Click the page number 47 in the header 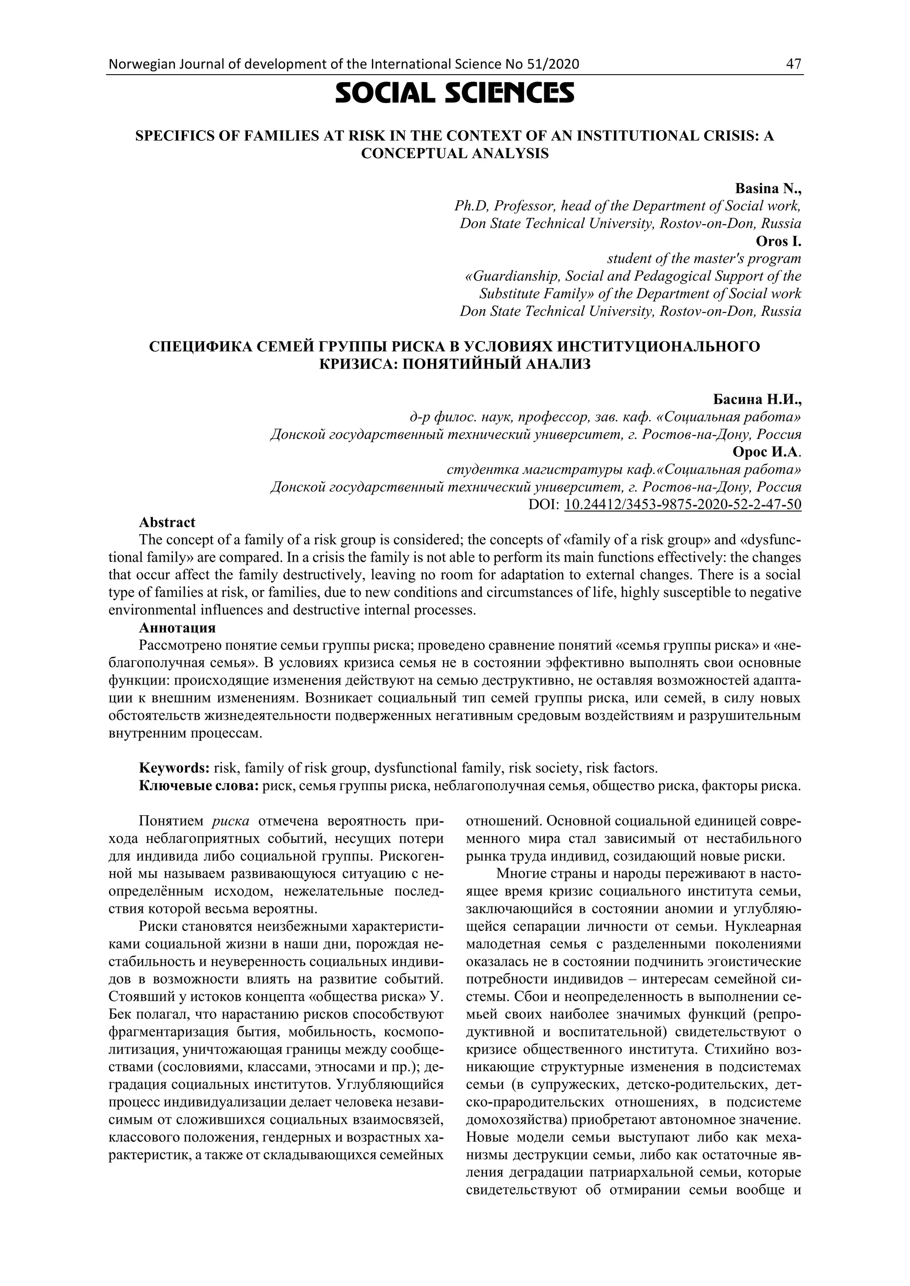(794, 64)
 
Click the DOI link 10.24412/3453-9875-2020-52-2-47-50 (682, 504)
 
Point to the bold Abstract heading (167, 522)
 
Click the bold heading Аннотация (177, 627)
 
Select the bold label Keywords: (174, 767)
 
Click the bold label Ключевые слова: (198, 785)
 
